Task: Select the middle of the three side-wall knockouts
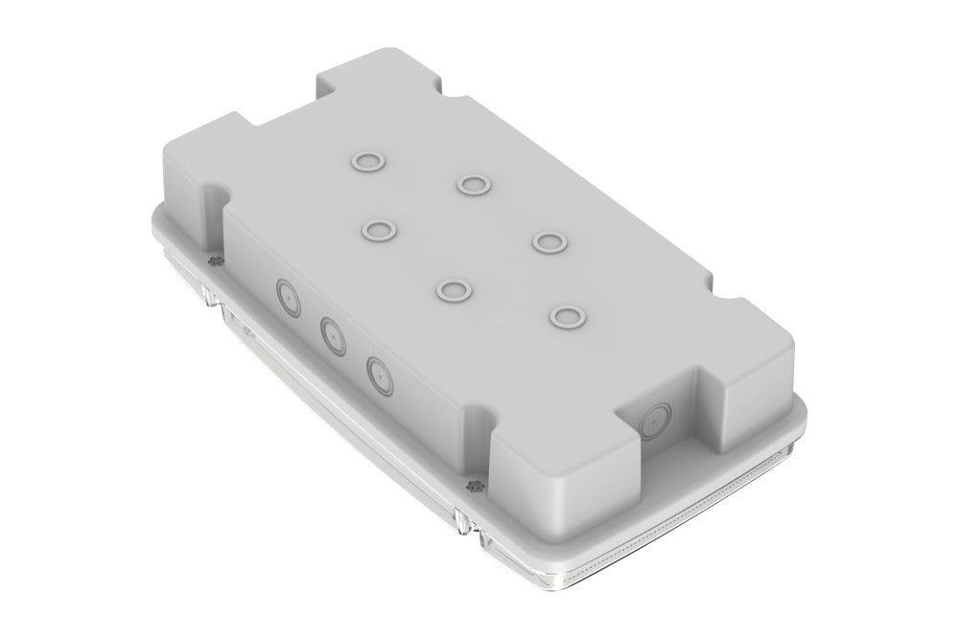(332, 335)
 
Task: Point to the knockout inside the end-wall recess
(657, 420)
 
